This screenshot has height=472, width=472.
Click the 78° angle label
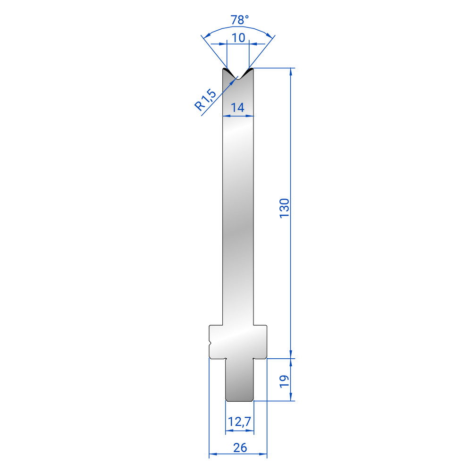pyautogui.click(x=240, y=20)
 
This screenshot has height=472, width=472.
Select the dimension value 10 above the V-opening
pyautogui.click(x=238, y=38)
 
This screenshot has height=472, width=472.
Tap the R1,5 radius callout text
pyautogui.click(x=205, y=100)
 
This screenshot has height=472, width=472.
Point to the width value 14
pyautogui.click(x=237, y=108)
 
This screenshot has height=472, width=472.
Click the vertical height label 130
pyautogui.click(x=285, y=208)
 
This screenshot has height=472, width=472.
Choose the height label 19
pyautogui.click(x=285, y=381)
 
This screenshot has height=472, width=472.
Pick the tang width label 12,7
pyautogui.click(x=239, y=421)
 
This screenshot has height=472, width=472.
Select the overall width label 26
pyautogui.click(x=240, y=448)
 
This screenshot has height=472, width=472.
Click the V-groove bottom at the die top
pyautogui.click(x=238, y=78)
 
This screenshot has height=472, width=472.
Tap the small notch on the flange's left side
pyautogui.click(x=211, y=342)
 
